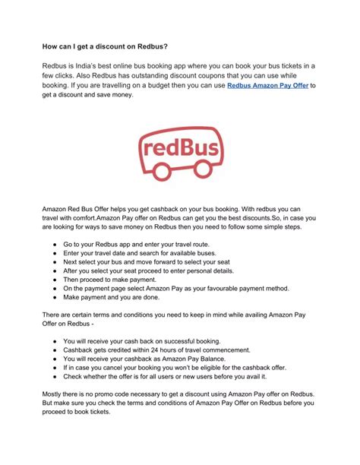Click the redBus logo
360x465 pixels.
click(x=179, y=157)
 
